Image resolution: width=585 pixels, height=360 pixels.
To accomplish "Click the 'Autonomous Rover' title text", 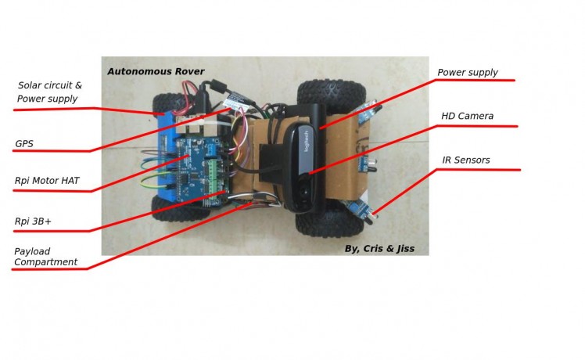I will click(156, 71).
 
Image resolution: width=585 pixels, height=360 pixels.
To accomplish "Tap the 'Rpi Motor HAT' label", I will click(47, 181).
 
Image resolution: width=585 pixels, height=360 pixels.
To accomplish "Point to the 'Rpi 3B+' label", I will click(33, 222).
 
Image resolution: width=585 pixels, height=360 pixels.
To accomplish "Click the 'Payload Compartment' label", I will click(46, 257).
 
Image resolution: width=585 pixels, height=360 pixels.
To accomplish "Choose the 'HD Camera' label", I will click(467, 116).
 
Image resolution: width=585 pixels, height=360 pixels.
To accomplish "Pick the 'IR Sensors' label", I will click(465, 160).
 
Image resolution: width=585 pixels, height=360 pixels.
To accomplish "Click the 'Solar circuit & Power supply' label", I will click(49, 92).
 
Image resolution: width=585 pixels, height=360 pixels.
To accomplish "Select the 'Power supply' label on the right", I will click(467, 73).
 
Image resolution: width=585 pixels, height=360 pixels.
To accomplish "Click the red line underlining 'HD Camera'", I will click(477, 126).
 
